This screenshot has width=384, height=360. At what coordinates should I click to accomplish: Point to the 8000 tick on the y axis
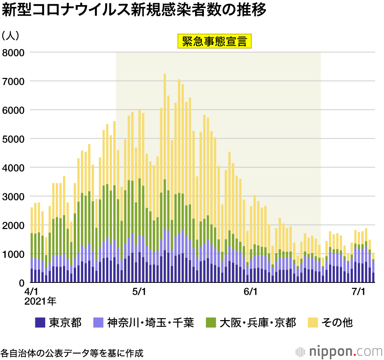14,52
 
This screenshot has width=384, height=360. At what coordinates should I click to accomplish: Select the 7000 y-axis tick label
14,81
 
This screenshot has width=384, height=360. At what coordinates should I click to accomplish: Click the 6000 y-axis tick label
14,110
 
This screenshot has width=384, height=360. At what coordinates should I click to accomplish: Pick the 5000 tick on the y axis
14,139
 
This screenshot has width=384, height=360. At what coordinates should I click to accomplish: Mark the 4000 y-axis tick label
14,167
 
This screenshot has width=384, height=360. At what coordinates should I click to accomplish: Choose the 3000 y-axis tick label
14,196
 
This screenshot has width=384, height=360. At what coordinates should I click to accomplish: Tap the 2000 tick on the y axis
14,225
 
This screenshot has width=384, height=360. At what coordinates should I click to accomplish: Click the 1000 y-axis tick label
14,254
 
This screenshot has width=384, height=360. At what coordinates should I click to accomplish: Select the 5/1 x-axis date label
139,292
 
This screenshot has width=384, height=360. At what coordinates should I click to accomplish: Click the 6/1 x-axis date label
250,292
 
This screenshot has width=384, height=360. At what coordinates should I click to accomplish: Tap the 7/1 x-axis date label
358,292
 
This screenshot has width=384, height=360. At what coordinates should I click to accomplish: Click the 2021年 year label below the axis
40,301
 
